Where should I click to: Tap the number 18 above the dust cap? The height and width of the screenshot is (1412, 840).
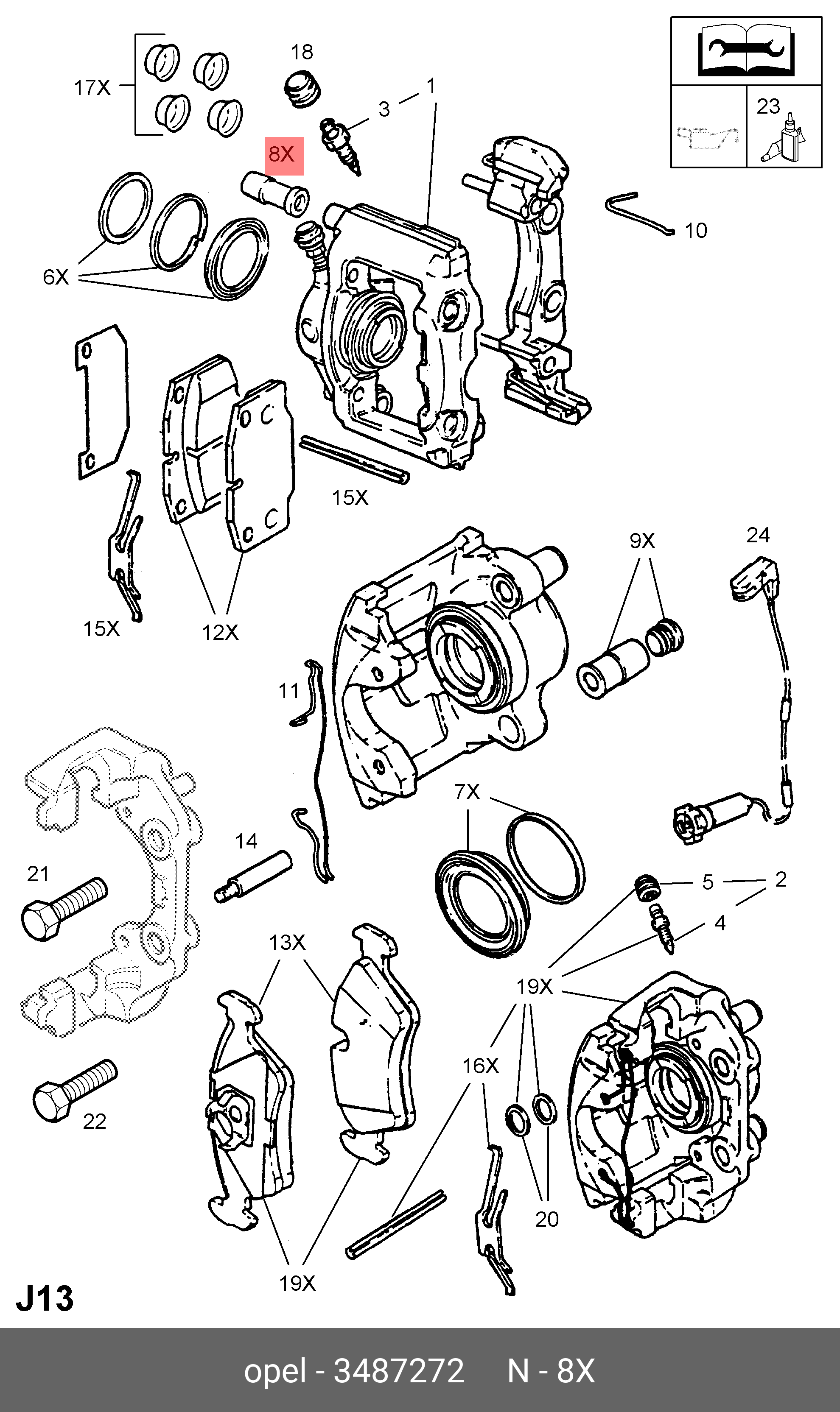pyautogui.click(x=302, y=52)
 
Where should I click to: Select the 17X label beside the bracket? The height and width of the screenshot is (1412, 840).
pyautogui.click(x=92, y=88)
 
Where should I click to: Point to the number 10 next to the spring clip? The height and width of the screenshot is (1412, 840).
pyautogui.click(x=696, y=231)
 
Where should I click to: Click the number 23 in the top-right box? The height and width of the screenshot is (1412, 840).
pyautogui.click(x=768, y=106)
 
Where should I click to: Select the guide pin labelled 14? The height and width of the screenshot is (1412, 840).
pyautogui.click(x=254, y=876)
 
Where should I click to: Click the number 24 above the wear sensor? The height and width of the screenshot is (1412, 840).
pyautogui.click(x=758, y=535)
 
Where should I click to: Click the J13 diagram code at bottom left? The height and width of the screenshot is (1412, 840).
pyautogui.click(x=45, y=1300)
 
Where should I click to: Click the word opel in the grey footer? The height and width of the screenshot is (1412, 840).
pyautogui.click(x=274, y=1371)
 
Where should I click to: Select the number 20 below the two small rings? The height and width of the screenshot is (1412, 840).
pyautogui.click(x=547, y=1219)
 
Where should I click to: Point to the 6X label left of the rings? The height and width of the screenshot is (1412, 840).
pyautogui.click(x=56, y=277)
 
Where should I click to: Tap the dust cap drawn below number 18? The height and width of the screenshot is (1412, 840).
pyautogui.click(x=302, y=88)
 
